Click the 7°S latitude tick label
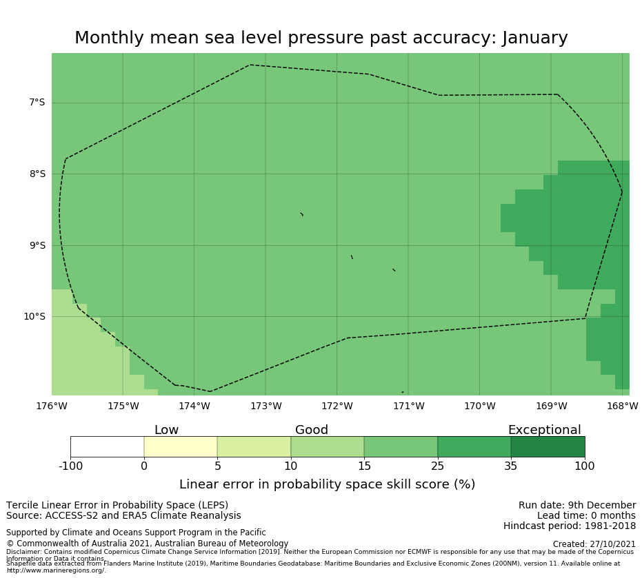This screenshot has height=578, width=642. (37, 103)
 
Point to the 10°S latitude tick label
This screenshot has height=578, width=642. (34, 317)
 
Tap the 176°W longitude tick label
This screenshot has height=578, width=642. (52, 406)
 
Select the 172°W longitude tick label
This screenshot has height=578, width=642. (337, 406)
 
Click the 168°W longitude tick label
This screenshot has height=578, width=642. (622, 406)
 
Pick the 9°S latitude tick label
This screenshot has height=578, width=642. (37, 245)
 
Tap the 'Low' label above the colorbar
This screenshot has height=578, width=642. (166, 430)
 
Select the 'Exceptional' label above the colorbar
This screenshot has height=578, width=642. (544, 430)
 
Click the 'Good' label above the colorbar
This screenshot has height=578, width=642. (312, 430)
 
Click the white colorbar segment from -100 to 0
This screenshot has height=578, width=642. (107, 446)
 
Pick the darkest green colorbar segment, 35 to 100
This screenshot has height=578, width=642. (548, 446)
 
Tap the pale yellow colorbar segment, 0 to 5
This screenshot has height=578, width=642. (181, 446)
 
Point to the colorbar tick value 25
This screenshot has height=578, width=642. (437, 466)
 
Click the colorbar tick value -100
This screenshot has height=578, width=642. (70, 466)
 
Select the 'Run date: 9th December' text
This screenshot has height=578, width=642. (577, 506)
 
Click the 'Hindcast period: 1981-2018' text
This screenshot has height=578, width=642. (570, 526)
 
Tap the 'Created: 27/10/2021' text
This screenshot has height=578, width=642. (594, 544)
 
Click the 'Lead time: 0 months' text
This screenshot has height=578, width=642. (586, 516)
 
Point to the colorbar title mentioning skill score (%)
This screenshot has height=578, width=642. (327, 484)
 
